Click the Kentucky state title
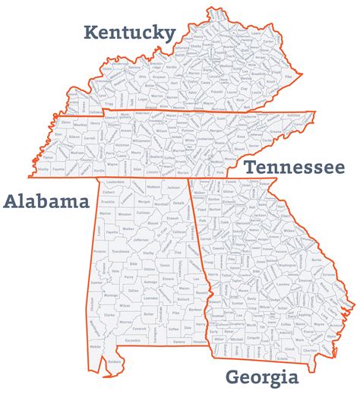pos(129,32)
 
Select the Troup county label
pos(207,261)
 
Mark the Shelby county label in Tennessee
pos(45,170)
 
